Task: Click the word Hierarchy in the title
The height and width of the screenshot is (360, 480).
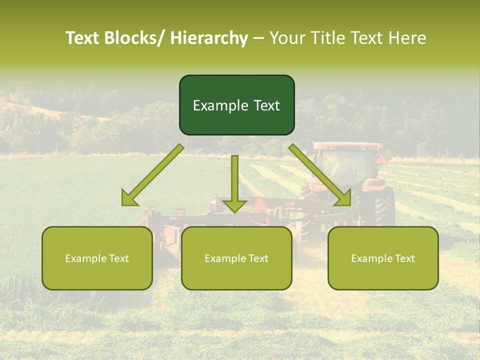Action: point(209,38)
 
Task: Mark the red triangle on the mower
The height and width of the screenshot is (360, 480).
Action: point(260,203)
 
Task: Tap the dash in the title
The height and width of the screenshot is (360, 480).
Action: point(258,38)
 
